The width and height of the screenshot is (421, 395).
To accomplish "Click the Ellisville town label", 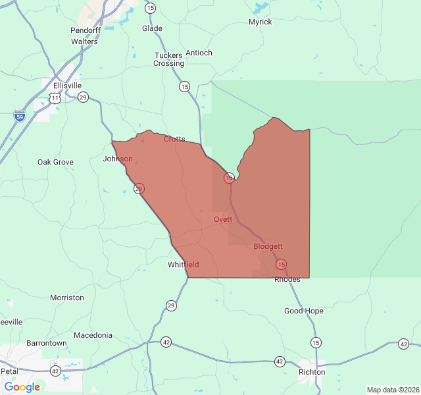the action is [68, 86].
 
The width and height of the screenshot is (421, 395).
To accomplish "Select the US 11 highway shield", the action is [55, 97].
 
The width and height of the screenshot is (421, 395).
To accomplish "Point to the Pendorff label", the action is [85, 31].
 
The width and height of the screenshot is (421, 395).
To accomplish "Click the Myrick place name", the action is [260, 22].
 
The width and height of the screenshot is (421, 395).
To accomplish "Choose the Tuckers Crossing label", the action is [169, 59].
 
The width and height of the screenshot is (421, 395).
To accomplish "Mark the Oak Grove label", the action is [55, 162].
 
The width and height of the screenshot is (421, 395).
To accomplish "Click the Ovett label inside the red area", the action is [223, 219].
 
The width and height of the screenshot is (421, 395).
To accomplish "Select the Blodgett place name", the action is [268, 246].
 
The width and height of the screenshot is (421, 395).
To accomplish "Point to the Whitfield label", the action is [183, 265].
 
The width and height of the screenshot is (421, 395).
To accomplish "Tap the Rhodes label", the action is [287, 279].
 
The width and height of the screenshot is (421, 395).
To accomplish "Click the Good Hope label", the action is [304, 311].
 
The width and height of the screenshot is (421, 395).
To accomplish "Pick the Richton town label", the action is [312, 372].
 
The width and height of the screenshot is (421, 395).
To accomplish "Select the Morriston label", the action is [67, 298].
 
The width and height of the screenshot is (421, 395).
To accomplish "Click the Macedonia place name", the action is [93, 335].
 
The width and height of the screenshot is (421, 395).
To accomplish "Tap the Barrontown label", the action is [46, 344].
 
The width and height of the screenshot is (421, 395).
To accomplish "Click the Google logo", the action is [22, 387].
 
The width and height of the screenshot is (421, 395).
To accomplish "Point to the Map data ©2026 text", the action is [392, 390].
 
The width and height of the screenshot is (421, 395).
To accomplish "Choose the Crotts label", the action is [174, 139].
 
